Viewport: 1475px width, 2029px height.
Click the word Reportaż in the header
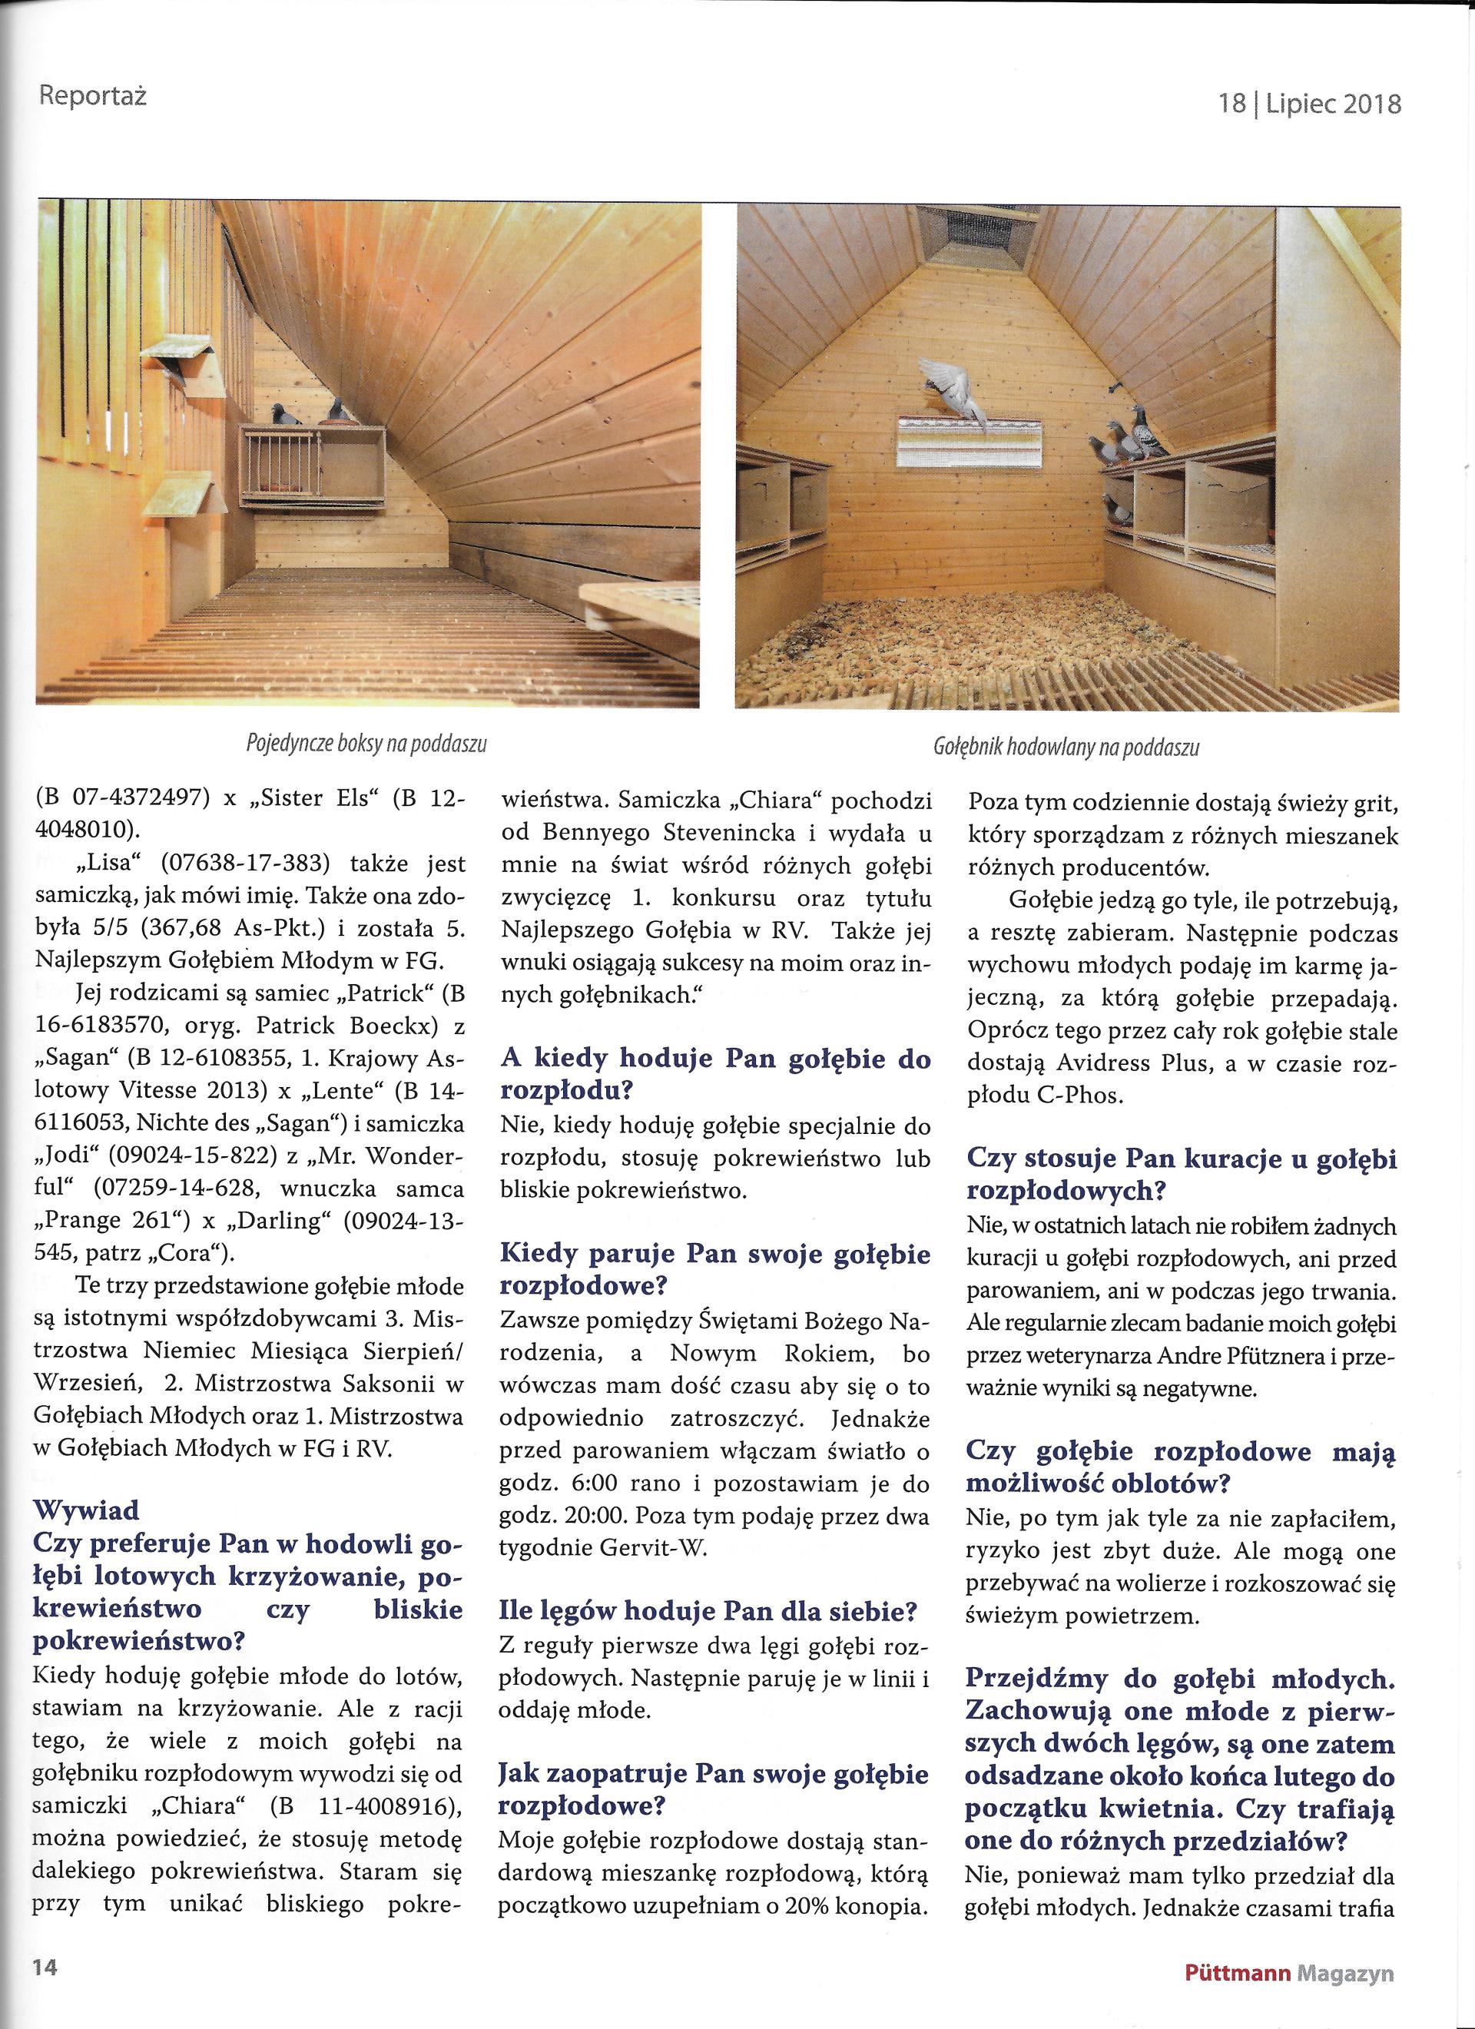tap(93, 94)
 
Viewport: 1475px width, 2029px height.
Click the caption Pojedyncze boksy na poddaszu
tap(366, 744)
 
